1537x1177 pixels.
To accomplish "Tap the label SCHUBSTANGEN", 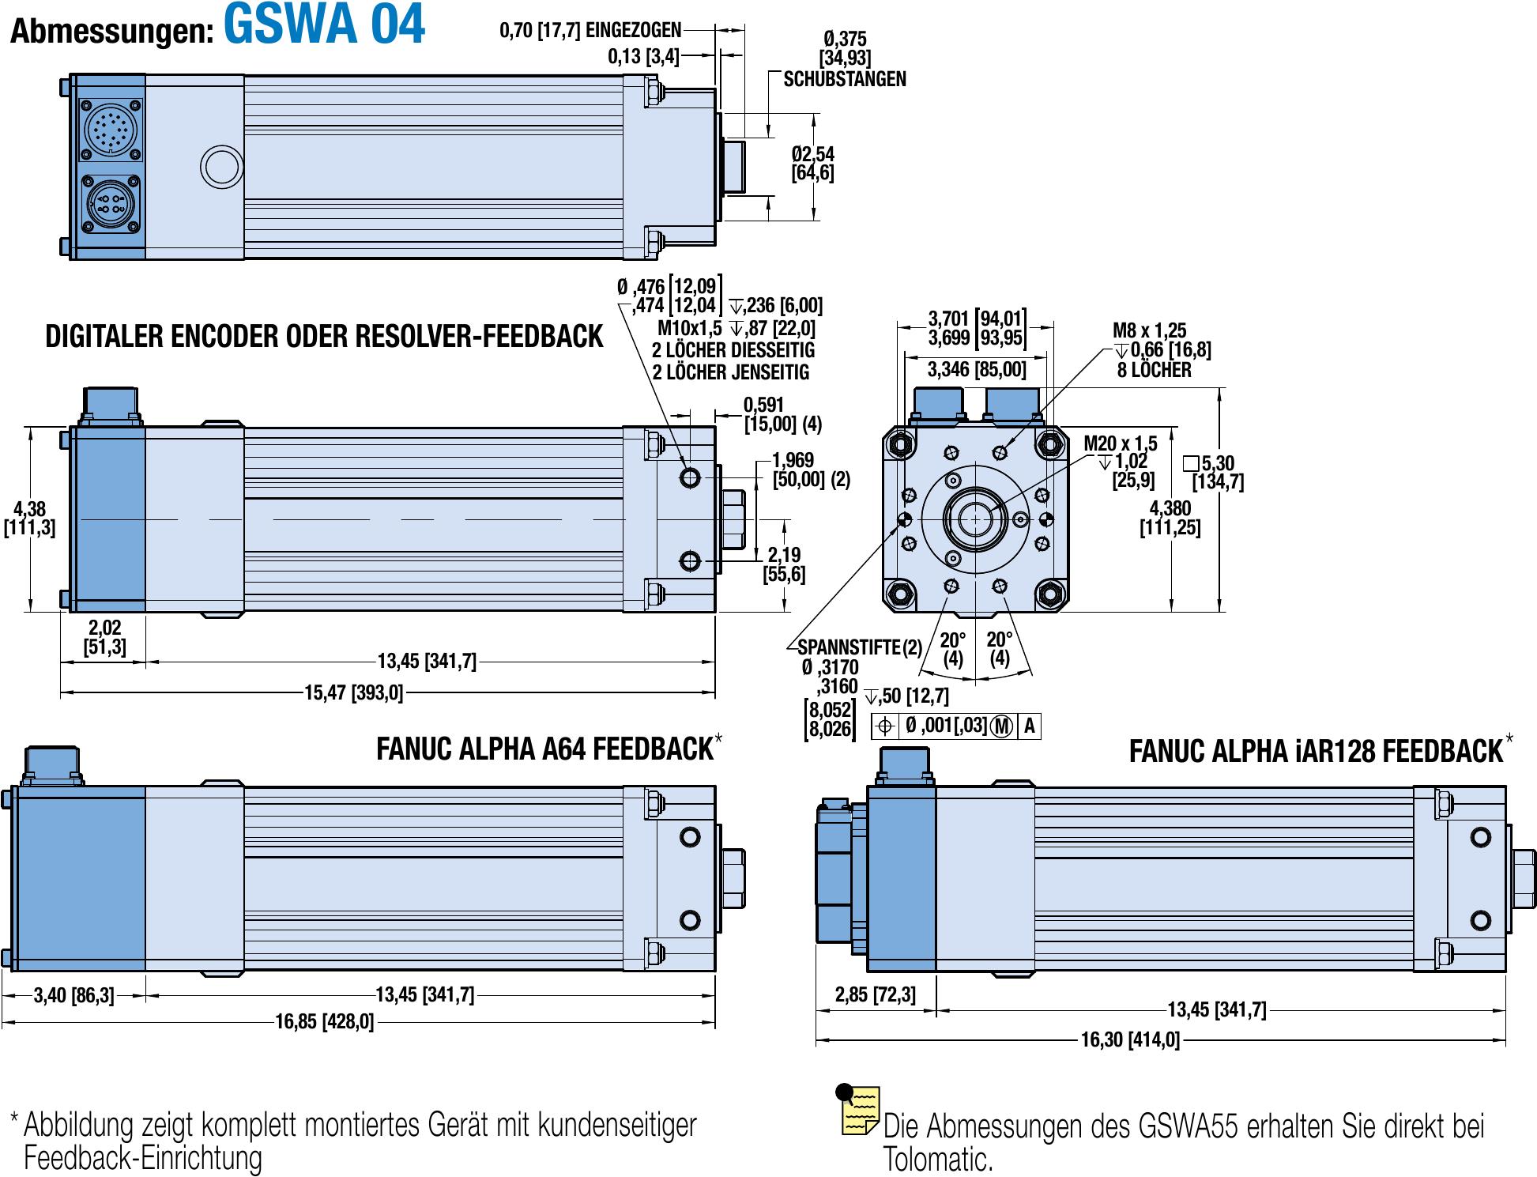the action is click(845, 79).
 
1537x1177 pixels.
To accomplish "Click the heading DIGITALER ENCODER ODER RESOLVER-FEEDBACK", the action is click(324, 337).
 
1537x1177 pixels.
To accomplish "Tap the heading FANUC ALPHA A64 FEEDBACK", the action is click(544, 749).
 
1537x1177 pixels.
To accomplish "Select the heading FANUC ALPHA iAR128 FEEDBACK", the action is click(1316, 751).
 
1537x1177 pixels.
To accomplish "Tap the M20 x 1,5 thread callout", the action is click(1120, 443).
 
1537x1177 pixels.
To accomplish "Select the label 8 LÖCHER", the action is click(1154, 370).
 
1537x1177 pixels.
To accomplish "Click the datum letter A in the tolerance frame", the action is click(1029, 726).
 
